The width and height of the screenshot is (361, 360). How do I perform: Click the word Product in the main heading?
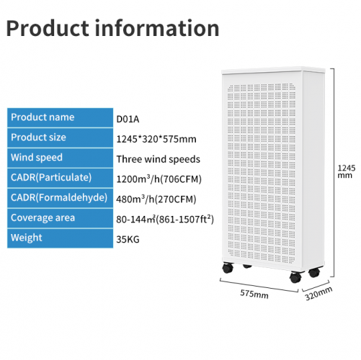pos(48,28)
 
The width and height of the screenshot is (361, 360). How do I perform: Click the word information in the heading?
pos(157,28)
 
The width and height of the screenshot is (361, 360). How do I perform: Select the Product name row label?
pos(43,117)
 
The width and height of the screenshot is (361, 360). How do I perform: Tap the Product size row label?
pos(38,138)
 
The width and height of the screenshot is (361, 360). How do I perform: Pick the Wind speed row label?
pos(37,158)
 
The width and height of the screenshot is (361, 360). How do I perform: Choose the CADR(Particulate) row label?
pos(51,178)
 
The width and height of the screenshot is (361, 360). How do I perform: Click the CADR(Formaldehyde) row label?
pos(59,197)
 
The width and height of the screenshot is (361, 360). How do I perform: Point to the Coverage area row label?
pos(43,217)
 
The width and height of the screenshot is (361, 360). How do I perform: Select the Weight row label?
pos(27,238)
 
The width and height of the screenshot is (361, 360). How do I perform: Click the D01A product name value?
pos(128,119)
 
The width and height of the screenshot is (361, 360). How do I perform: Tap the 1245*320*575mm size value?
pos(156,139)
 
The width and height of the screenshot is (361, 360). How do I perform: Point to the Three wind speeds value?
pos(158,159)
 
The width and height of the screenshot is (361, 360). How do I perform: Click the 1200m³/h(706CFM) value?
pos(159,179)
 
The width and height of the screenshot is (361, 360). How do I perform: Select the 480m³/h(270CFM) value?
pos(156,199)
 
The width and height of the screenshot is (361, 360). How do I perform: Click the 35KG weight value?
pos(128,240)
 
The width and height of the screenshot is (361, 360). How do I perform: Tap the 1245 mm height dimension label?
pos(346,171)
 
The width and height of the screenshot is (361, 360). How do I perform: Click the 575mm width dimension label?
pos(254,294)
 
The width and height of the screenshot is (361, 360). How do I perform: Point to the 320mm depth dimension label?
pos(318,293)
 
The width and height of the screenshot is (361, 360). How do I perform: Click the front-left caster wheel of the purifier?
pos(228,268)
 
